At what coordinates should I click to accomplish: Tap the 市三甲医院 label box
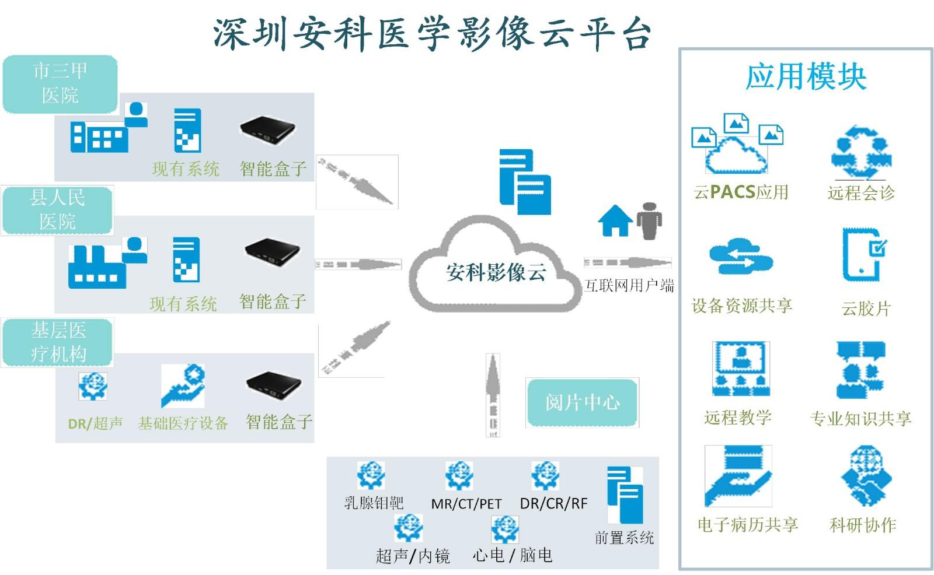(x=60, y=83)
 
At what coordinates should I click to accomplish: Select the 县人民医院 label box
(x=57, y=210)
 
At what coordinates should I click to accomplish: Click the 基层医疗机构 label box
(x=58, y=342)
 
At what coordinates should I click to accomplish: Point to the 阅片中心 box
(x=582, y=402)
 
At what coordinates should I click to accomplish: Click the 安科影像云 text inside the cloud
(x=496, y=272)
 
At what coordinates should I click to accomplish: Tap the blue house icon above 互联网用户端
(x=615, y=221)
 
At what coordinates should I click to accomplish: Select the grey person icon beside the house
(x=649, y=221)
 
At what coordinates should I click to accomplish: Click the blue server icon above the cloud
(x=525, y=182)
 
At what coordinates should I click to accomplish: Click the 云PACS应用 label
(x=741, y=192)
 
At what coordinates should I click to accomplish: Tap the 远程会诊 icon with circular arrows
(x=861, y=153)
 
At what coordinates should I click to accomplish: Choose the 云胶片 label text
(x=866, y=308)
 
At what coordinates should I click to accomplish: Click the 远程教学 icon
(x=741, y=369)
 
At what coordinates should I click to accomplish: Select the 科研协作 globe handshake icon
(x=866, y=476)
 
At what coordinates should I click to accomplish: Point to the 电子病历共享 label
(x=747, y=525)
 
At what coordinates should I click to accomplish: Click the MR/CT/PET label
(x=466, y=504)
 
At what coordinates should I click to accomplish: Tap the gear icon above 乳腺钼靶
(x=371, y=475)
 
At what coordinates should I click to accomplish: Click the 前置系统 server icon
(x=624, y=494)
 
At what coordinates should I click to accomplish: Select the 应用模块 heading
(x=806, y=77)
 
